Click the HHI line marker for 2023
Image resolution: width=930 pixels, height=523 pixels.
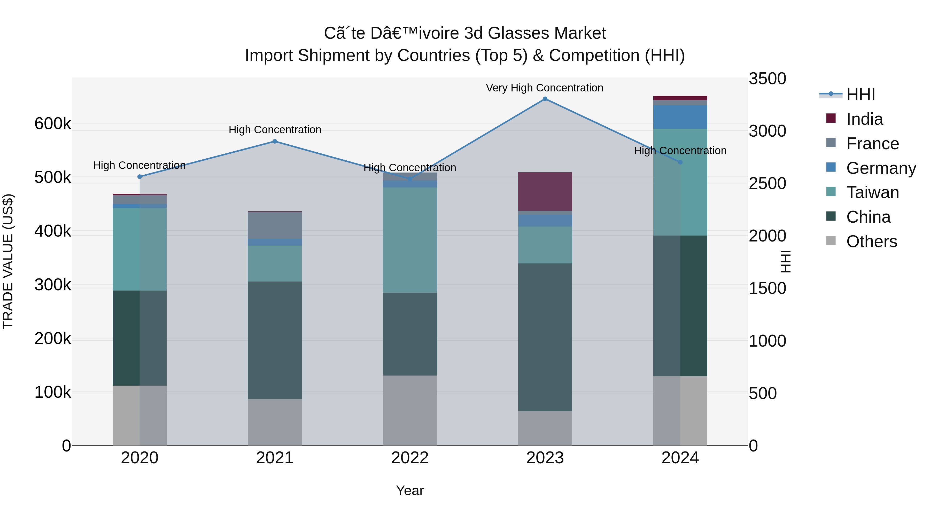(545, 99)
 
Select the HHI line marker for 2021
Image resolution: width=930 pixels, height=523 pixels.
(275, 142)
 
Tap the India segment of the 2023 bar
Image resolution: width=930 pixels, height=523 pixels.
(545, 191)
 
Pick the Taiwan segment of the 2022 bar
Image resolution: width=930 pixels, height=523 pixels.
(410, 240)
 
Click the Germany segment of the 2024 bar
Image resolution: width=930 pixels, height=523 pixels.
(680, 117)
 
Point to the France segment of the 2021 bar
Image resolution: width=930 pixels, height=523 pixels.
(275, 225)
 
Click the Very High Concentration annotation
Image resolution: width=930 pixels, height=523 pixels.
(544, 88)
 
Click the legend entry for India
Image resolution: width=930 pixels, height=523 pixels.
(864, 119)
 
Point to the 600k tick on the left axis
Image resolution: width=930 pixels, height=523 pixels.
(53, 124)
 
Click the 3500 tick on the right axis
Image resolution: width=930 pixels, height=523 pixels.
(767, 79)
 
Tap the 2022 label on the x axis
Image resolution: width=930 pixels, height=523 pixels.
(410, 458)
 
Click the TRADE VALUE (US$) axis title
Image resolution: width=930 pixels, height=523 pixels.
(8, 261)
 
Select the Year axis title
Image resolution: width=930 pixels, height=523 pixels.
(410, 490)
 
